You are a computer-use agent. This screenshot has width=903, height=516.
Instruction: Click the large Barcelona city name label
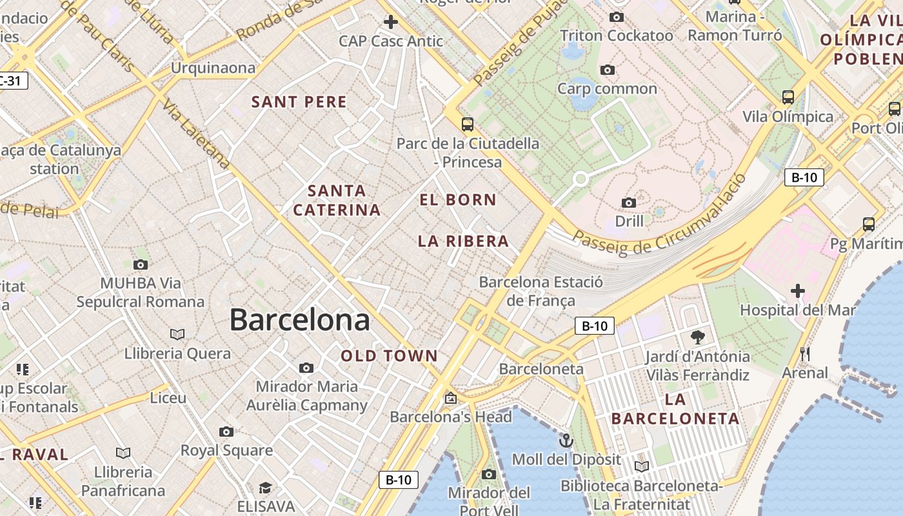coord(300,320)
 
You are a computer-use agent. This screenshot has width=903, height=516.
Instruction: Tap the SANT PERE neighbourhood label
coord(299,102)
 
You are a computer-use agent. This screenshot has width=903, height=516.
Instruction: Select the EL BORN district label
coord(458,200)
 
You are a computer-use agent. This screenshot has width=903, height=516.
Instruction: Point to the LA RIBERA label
coord(463,241)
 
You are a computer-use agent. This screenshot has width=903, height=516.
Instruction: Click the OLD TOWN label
coord(390,356)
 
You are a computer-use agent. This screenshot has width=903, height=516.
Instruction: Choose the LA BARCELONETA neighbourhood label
coord(675,409)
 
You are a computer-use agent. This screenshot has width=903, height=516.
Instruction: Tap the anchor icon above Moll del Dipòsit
coord(566,441)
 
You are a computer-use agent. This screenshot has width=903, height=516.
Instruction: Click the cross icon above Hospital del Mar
coord(798,291)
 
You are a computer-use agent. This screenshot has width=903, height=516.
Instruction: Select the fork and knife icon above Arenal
coord(804,354)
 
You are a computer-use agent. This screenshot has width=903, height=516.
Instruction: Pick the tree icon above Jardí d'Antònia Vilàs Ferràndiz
coord(697,337)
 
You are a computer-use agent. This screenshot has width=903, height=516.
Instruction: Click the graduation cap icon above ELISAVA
coord(265,487)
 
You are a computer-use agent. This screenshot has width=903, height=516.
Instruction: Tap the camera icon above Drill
coord(629,203)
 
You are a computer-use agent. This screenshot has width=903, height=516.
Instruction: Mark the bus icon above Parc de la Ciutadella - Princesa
coord(468,124)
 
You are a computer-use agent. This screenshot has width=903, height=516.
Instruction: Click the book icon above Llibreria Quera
coord(177,334)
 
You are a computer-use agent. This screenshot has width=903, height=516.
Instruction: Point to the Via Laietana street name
coord(196,134)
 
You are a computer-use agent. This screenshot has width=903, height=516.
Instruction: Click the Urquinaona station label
coord(213,68)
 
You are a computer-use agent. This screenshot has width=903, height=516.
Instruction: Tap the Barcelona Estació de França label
coord(541,291)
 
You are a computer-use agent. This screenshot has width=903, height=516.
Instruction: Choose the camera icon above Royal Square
coord(226,432)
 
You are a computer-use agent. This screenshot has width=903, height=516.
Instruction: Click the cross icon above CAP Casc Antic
coord(391,22)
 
